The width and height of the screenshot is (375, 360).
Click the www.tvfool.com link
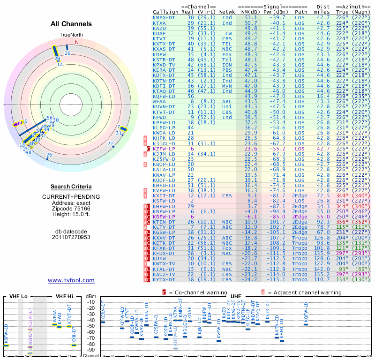point(71,280)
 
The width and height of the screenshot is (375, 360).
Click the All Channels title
point(71,24)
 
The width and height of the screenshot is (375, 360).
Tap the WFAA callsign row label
point(159,101)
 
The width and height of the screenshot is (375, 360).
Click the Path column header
point(301,12)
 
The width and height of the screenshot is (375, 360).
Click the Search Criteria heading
point(71,187)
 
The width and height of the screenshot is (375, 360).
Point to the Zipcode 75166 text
point(71,209)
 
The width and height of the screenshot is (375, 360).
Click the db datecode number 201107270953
point(71,237)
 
